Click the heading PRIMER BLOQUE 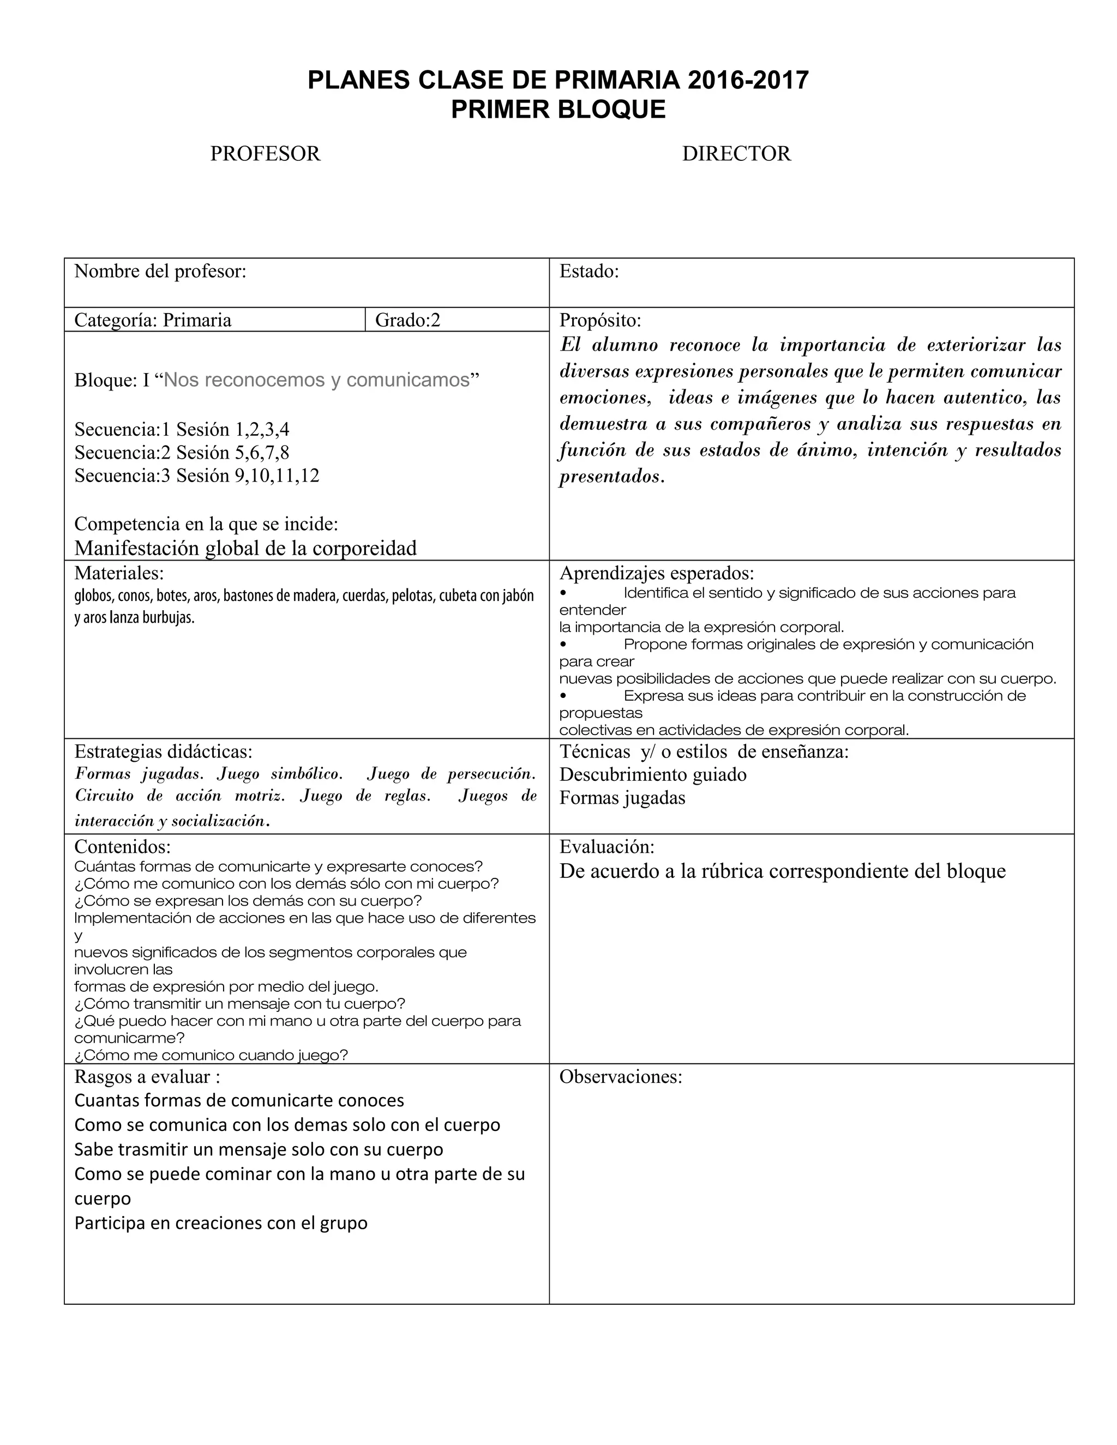click(x=558, y=109)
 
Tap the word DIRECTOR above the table click(x=736, y=154)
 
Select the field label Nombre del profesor click(x=160, y=271)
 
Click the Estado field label click(x=589, y=271)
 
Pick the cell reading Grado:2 click(x=407, y=320)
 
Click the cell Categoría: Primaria click(x=153, y=320)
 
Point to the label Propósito click(x=600, y=320)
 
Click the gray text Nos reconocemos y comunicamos click(x=316, y=380)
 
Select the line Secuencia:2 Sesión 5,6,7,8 click(x=182, y=453)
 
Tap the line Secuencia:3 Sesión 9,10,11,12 click(x=196, y=475)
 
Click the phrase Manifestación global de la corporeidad click(x=245, y=548)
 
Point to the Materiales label click(x=119, y=573)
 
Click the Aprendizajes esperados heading click(x=657, y=573)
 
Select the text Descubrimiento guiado click(x=652, y=774)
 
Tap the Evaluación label click(x=607, y=847)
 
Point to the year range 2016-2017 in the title click(x=748, y=80)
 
